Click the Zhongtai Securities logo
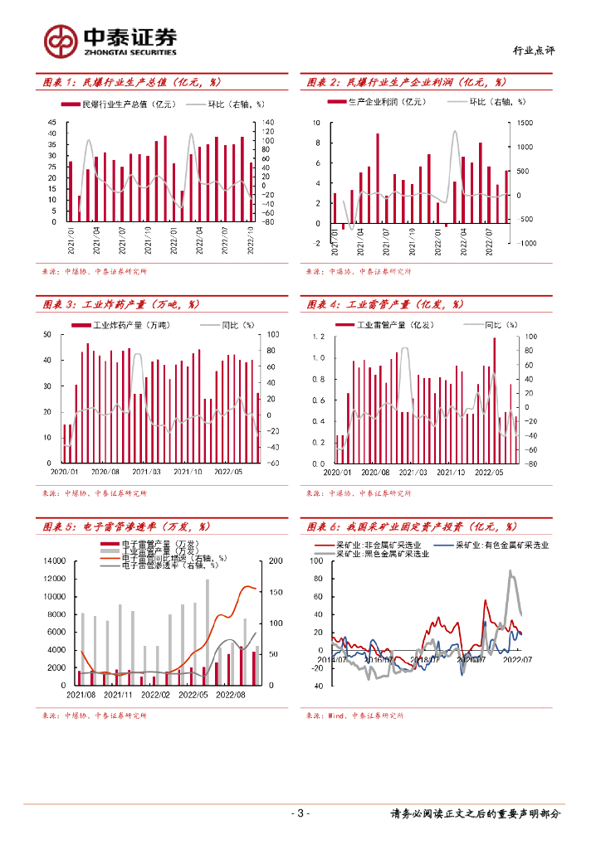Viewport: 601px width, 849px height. (x=110, y=40)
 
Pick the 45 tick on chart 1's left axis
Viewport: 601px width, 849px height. (x=51, y=123)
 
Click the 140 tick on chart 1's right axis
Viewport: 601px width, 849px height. (x=268, y=123)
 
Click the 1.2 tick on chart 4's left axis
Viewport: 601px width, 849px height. (x=318, y=337)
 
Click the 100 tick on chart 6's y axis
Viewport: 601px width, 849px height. (x=316, y=561)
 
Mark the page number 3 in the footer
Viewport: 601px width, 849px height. (x=300, y=813)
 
